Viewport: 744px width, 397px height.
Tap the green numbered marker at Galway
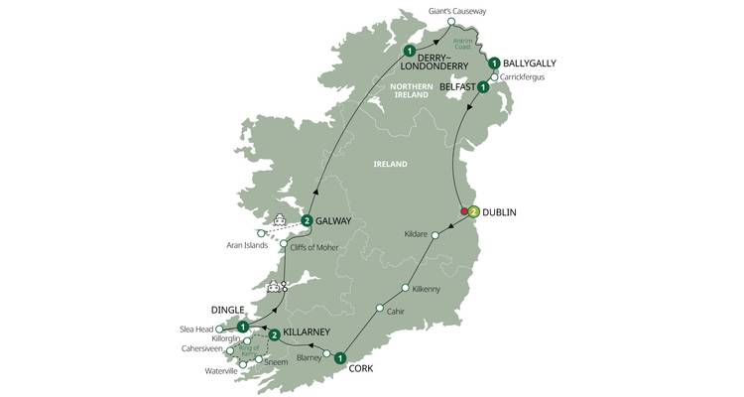[x=308, y=220]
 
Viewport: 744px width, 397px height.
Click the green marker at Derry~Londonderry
[x=409, y=51]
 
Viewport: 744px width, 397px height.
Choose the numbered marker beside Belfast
[x=483, y=87]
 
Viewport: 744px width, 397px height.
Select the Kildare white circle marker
[x=435, y=235]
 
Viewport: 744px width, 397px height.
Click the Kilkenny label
[x=429, y=288]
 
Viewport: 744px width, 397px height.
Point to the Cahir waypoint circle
[x=379, y=309]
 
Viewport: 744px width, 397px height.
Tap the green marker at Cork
[x=340, y=358]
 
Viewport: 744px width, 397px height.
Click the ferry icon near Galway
[x=280, y=220]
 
